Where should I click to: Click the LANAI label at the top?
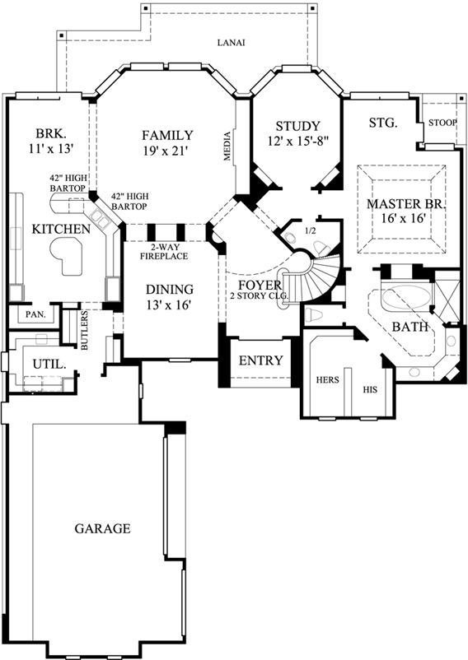pyautogui.click(x=232, y=43)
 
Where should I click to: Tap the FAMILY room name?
pyautogui.click(x=166, y=136)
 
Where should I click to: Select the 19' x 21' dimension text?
pyautogui.click(x=166, y=151)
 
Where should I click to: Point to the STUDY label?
pyautogui.click(x=297, y=126)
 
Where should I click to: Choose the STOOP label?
pyautogui.click(x=442, y=123)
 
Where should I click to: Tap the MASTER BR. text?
pyautogui.click(x=405, y=203)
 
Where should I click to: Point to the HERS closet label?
pyautogui.click(x=329, y=379)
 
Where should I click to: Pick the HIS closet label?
pyautogui.click(x=370, y=390)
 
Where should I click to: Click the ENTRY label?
pyautogui.click(x=260, y=360)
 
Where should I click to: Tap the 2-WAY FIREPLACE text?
pyautogui.click(x=169, y=252)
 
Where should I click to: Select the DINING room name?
pyautogui.click(x=170, y=290)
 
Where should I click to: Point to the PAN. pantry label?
pyautogui.click(x=35, y=314)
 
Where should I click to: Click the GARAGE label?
pyautogui.click(x=102, y=528)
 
